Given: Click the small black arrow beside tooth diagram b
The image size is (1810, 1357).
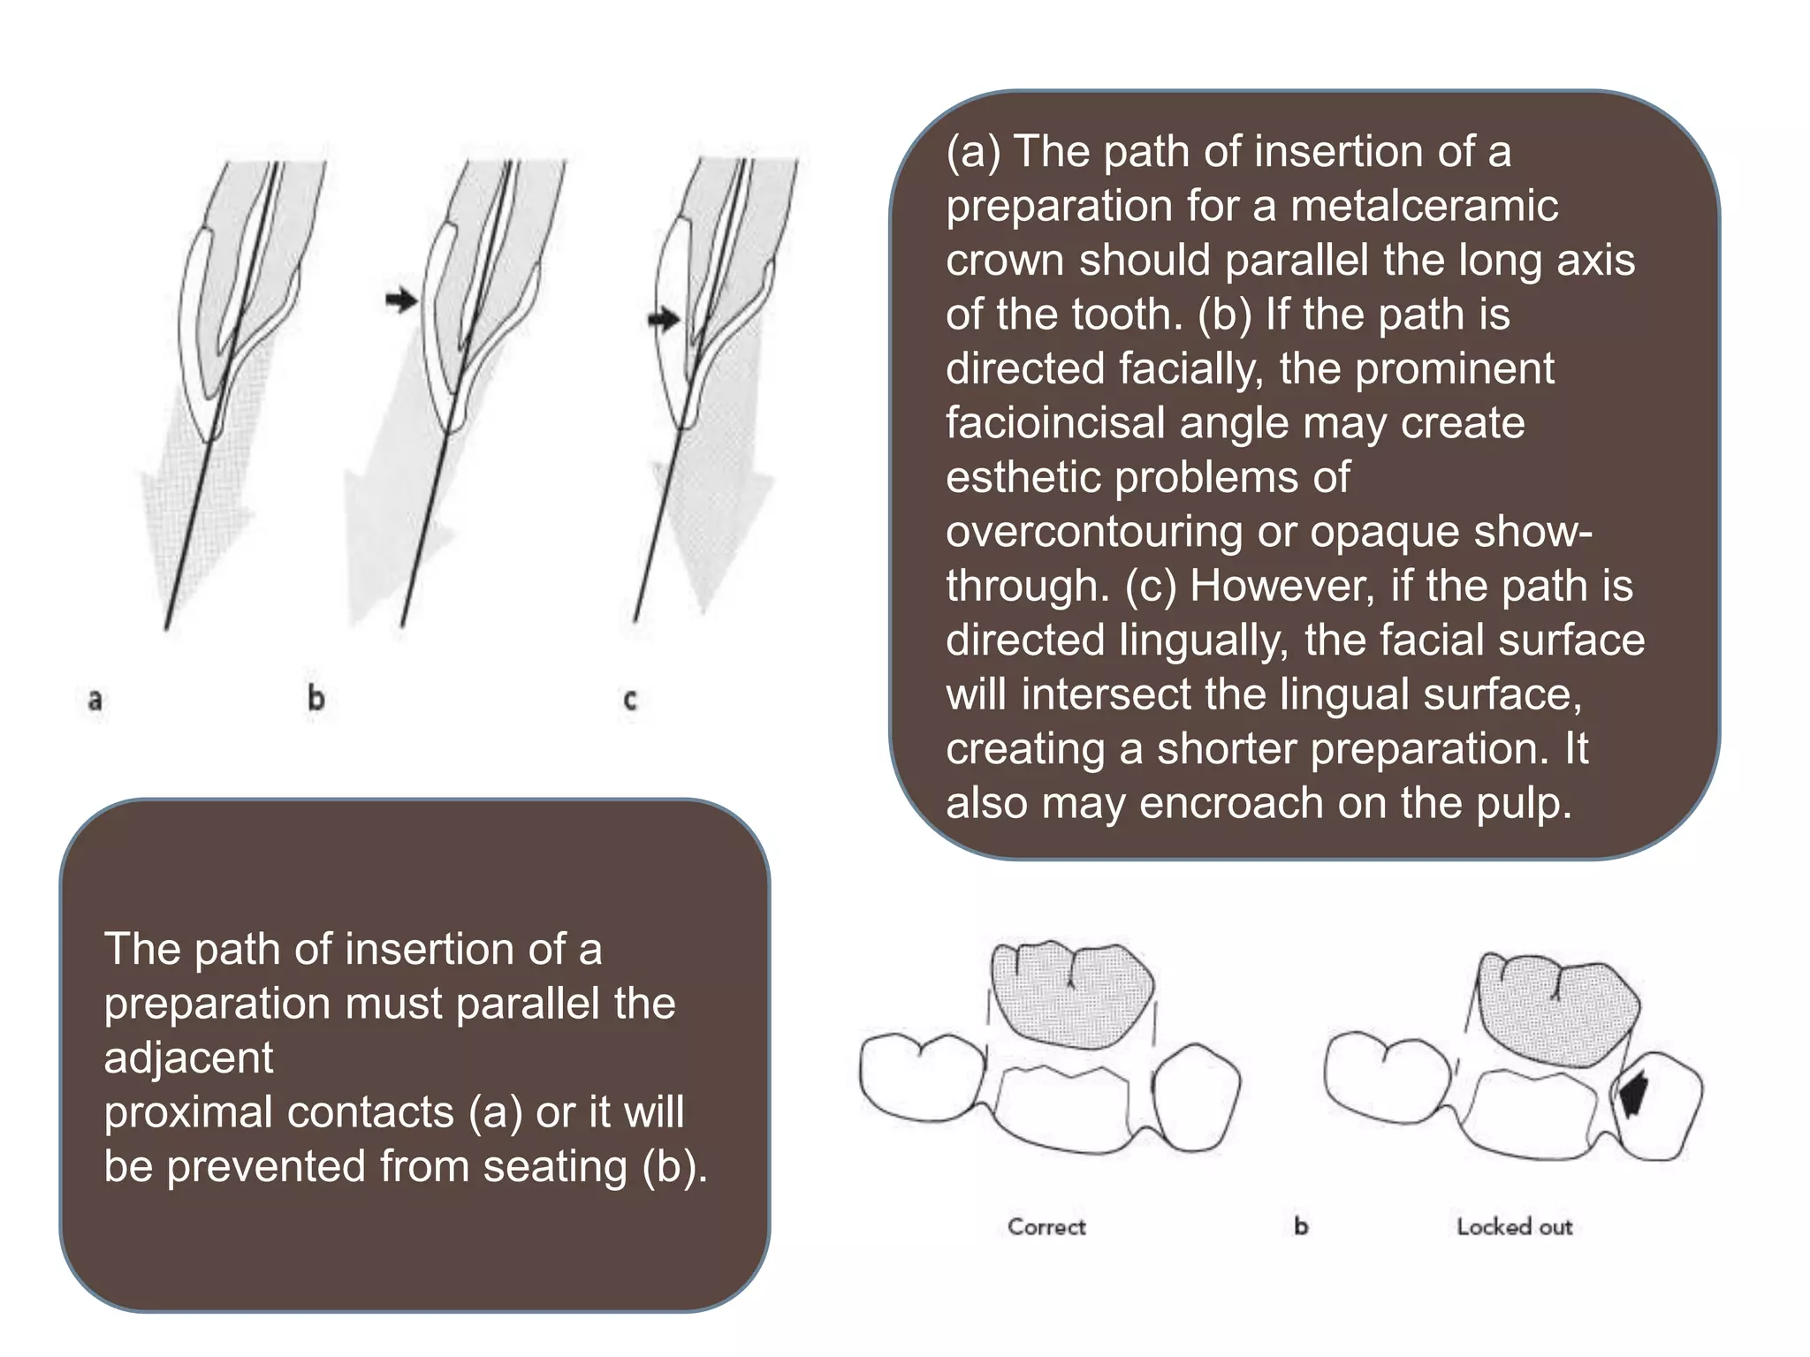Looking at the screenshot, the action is tap(401, 300).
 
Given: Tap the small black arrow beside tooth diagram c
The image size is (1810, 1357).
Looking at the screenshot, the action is tap(663, 319).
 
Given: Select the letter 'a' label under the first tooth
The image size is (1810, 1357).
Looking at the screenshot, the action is tap(95, 701).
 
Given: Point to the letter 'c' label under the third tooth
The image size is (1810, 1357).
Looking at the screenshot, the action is tap(630, 701).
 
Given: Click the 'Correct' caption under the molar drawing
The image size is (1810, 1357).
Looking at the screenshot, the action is tap(1046, 1227).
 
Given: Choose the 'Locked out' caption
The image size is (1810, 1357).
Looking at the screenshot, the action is tap(1515, 1227).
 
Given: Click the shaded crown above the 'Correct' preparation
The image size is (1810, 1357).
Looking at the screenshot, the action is tap(1071, 994).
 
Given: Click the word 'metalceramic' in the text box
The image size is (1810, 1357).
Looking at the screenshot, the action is tap(1424, 206).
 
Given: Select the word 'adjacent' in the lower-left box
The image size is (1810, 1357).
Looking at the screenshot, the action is tap(189, 1058).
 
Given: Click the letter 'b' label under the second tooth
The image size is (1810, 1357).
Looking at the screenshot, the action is tap(316, 699).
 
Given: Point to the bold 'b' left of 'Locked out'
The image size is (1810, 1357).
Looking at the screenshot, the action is tap(1301, 1226).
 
